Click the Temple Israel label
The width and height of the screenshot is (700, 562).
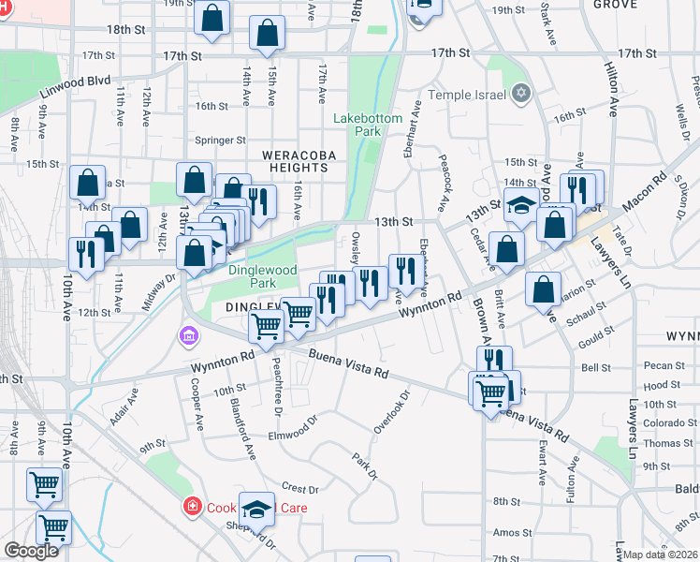(467, 95)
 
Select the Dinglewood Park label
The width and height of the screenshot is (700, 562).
(263, 276)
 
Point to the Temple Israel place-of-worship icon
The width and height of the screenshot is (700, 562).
(521, 94)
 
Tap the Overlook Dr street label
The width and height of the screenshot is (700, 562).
(393, 412)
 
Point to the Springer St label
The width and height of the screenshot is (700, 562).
(220, 140)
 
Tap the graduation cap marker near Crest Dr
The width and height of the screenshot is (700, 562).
(255, 509)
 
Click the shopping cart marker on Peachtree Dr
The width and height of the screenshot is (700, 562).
(266, 327)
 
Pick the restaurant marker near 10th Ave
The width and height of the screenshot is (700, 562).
(86, 254)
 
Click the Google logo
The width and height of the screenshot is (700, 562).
(31, 551)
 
